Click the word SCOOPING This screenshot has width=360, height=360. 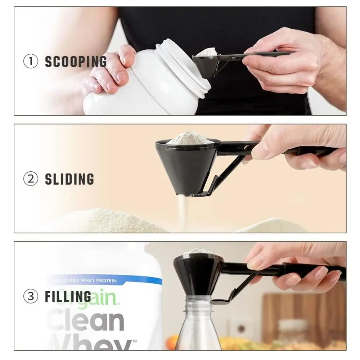pyautogui.click(x=76, y=62)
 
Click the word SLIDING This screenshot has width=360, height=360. pyautogui.click(x=69, y=179)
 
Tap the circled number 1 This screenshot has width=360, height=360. pyautogui.click(x=31, y=62)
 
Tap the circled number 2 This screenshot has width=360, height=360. pyautogui.click(x=31, y=179)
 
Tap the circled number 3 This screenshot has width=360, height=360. pyautogui.click(x=31, y=296)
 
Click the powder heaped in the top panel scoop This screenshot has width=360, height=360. pyautogui.click(x=207, y=52)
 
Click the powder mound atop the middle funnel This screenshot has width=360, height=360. pyautogui.click(x=189, y=138)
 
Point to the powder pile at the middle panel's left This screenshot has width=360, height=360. pyautogui.click(x=108, y=221)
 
